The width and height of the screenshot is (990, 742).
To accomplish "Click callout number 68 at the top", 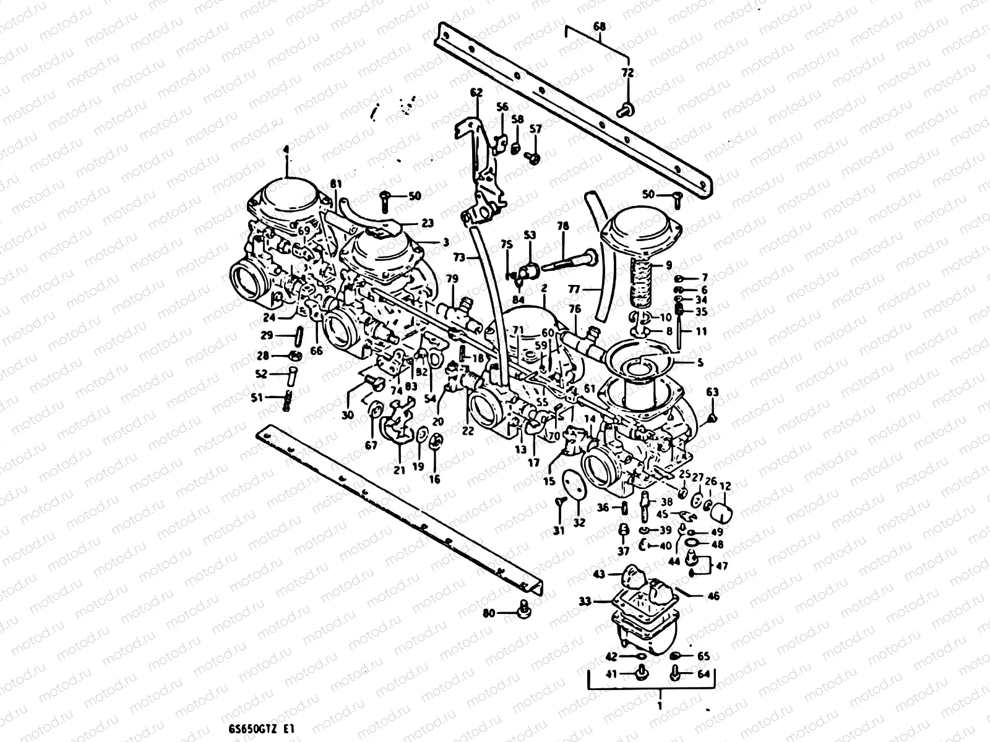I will [599, 27].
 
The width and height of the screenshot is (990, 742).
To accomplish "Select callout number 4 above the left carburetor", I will [286, 150].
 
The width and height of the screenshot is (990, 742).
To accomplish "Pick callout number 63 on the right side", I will [712, 392].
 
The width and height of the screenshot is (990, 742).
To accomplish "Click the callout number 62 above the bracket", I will [476, 93].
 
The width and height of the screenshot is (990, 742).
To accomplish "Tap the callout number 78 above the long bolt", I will [562, 226].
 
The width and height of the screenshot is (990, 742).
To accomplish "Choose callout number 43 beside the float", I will [598, 574].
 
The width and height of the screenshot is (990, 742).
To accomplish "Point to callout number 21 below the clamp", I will [399, 470].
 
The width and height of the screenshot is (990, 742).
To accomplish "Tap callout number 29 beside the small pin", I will [267, 335].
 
